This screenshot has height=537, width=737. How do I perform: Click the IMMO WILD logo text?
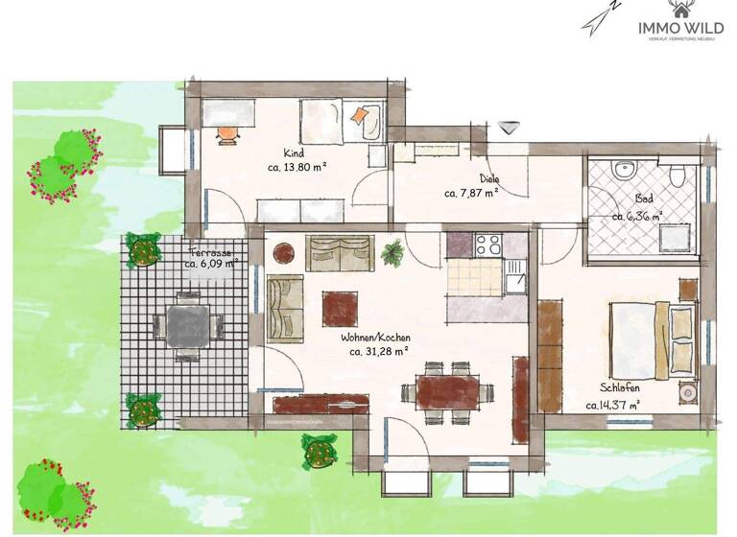pyautogui.click(x=680, y=28)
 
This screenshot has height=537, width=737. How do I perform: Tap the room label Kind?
pyautogui.click(x=294, y=153)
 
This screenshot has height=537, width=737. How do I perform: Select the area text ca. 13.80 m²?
pyautogui.click(x=297, y=166)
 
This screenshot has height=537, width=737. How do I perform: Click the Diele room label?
pyautogui.click(x=489, y=178)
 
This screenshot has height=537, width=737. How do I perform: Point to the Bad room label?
pyautogui.click(x=644, y=199)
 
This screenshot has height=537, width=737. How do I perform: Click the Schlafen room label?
pyautogui.click(x=621, y=388)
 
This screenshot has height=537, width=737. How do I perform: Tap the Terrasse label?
pyautogui.click(x=210, y=250)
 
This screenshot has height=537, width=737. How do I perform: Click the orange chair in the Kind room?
pyautogui.click(x=227, y=133)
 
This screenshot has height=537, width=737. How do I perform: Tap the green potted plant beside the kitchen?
pyautogui.click(x=392, y=254)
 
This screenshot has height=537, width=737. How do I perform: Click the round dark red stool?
pyautogui.click(x=284, y=253)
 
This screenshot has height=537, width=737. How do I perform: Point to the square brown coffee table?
pyautogui.click(x=342, y=308)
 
